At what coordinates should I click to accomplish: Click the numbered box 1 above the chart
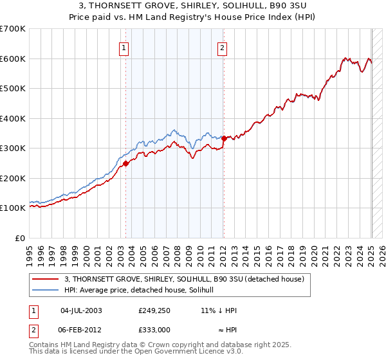point(123,47)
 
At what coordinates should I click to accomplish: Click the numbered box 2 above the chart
point(222,47)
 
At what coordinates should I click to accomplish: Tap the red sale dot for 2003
point(126,163)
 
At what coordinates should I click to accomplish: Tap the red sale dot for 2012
point(224,138)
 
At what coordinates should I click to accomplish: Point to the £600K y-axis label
point(13,59)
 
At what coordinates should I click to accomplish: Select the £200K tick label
point(13,178)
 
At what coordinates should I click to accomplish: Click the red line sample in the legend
point(45,279)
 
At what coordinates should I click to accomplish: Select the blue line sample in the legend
point(45,289)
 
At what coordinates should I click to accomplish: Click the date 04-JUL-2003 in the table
point(81,310)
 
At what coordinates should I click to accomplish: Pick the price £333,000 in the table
point(154,329)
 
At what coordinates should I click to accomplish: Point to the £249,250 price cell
point(154,310)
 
